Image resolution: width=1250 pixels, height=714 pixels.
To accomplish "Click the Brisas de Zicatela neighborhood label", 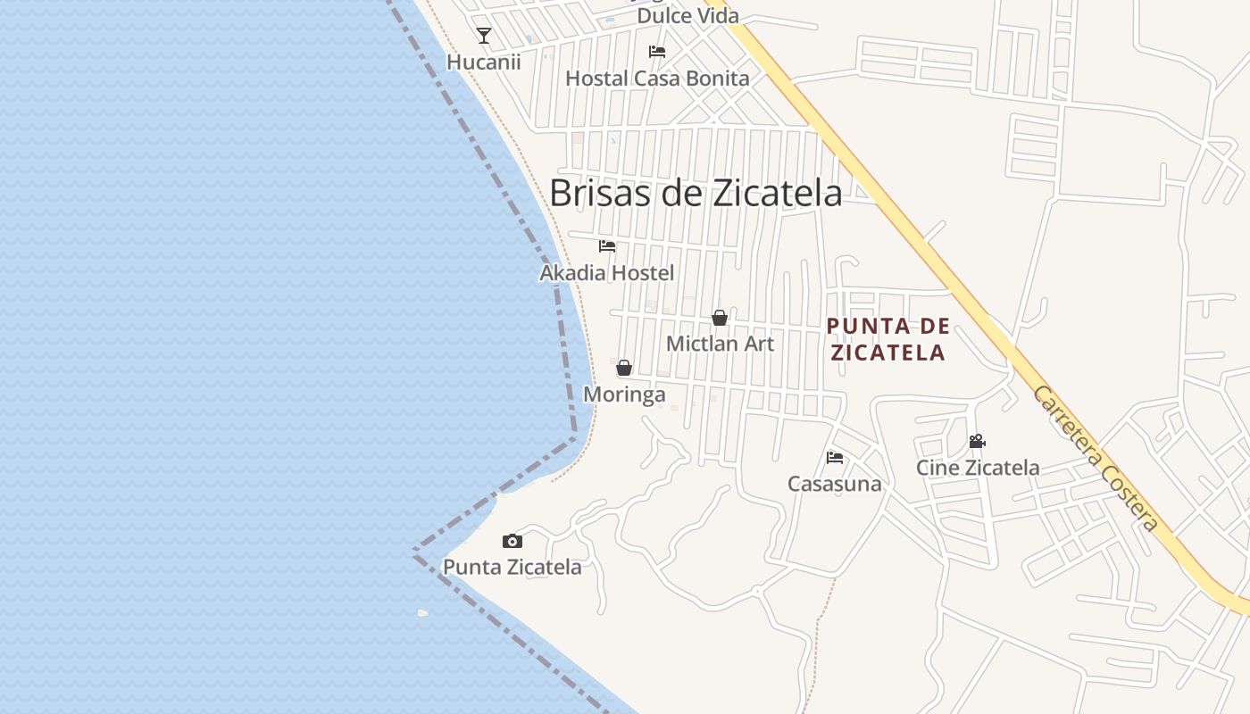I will (695, 193).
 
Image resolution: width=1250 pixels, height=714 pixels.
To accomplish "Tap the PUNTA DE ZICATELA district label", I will (887, 339).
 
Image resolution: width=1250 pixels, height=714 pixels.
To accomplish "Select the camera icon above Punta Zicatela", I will (512, 541).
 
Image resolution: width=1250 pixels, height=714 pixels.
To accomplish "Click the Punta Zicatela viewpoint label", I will (512, 567).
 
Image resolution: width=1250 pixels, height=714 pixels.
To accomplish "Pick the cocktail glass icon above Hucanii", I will (484, 36).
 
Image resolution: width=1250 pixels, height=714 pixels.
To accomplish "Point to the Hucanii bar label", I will (483, 62).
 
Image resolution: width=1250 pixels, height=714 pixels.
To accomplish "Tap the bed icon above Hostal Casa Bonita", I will (657, 52).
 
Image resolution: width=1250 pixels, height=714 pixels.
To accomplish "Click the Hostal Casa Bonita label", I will (657, 79).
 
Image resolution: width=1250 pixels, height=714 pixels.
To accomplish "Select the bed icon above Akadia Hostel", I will (607, 246).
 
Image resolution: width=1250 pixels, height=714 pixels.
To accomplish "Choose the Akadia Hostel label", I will (607, 273).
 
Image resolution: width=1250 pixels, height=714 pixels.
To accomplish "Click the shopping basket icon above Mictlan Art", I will (720, 318).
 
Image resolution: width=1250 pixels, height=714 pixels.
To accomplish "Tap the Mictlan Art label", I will (720, 344).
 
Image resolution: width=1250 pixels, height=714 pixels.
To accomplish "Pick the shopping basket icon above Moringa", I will (624, 368).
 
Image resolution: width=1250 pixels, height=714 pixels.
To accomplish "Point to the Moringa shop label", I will (624, 394).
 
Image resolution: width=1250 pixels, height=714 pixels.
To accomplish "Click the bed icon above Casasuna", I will (835, 458).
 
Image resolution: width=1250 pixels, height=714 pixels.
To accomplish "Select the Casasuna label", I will (834, 484).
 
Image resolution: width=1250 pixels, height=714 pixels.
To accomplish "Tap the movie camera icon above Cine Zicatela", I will (977, 441).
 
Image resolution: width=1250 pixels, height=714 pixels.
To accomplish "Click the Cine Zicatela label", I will (978, 468).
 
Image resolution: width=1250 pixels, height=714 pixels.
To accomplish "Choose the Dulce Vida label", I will (687, 16).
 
